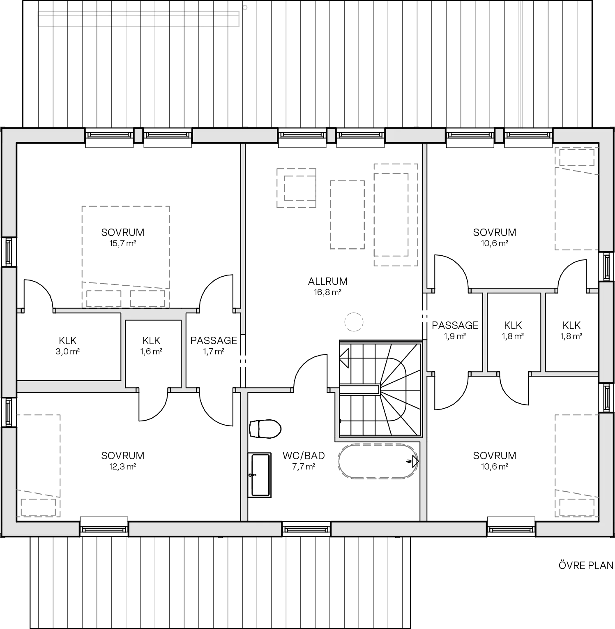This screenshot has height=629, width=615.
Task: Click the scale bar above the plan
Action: click(138, 19)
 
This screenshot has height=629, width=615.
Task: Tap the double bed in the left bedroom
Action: click(125, 247)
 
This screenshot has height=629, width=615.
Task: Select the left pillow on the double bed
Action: click(104, 298)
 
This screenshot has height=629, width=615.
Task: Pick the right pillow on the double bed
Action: click(146, 298)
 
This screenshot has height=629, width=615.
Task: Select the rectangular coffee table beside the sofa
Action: click(347, 213)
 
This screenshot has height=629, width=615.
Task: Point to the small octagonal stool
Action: click(353, 322)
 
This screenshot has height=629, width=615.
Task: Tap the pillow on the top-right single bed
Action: click(577, 158)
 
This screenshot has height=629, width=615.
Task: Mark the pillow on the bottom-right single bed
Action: click(577, 506)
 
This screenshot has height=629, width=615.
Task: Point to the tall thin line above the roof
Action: click(522, 64)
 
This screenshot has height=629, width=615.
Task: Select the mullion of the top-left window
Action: click(138, 135)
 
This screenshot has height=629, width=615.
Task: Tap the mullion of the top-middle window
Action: click(331, 135)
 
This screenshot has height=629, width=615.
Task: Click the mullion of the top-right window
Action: click(499, 135)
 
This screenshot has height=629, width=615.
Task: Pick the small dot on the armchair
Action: click(307, 205)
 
